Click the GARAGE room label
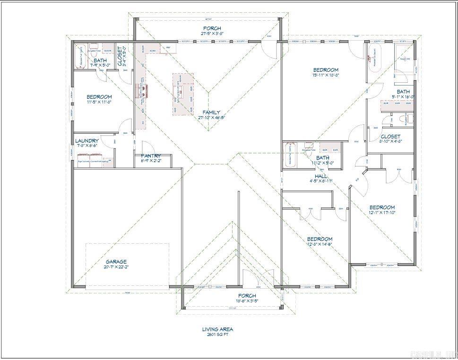[116, 262]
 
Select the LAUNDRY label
[87, 141]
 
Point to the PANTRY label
[151, 156]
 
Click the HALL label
[321, 176]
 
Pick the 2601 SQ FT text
[217, 334]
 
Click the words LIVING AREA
[217, 329]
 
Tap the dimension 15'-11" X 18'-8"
[326, 75]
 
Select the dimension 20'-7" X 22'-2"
[116, 267]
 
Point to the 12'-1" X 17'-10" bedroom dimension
[382, 213]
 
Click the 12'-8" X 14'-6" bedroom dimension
[320, 244]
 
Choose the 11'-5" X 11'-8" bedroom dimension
[99, 102]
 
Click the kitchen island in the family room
[182, 94]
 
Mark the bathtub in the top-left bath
[80, 57]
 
